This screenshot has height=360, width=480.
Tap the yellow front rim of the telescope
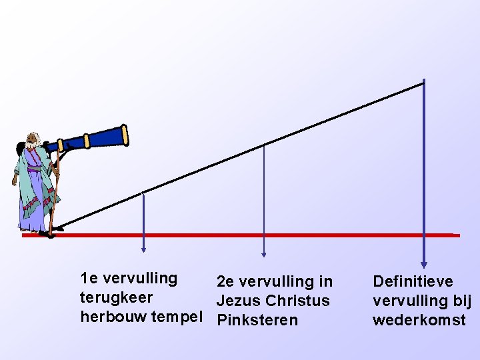tap(125, 135)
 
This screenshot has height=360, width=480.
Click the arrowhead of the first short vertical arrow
tap(143, 249)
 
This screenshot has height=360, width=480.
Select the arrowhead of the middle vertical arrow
tap(265, 253)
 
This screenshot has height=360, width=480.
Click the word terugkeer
tap(116, 297)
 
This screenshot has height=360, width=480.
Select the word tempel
tap(181, 317)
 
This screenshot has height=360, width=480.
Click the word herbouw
tap(113, 317)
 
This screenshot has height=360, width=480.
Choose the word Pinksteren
tap(257, 320)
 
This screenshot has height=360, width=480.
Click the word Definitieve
tap(413, 282)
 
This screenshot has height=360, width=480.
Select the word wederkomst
tap(419, 320)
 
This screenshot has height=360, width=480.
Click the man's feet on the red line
tap(47, 233)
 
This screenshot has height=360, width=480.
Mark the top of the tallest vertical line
tap(424, 81)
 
